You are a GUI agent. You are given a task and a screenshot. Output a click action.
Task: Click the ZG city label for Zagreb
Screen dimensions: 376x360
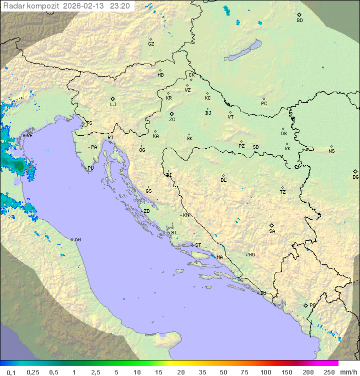click(x=172, y=120)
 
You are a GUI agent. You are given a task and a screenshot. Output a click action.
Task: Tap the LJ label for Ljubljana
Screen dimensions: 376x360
click(x=113, y=104)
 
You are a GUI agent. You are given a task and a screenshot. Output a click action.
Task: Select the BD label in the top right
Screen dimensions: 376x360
click(x=299, y=21)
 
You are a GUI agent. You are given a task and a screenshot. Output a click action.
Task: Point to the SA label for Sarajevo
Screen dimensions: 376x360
click(x=272, y=231)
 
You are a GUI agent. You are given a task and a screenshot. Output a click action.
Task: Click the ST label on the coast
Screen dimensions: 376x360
click(x=198, y=245)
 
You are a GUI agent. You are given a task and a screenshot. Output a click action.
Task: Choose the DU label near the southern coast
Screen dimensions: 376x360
click(x=263, y=293)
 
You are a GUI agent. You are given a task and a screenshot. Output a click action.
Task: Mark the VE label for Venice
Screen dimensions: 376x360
click(x=29, y=136)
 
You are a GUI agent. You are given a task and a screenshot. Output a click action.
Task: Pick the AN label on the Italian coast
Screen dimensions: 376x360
click(x=77, y=240)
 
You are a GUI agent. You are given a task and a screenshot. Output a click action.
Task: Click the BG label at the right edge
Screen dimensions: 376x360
click(x=355, y=177)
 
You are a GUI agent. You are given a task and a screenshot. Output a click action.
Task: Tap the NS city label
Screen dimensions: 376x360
click(x=331, y=151)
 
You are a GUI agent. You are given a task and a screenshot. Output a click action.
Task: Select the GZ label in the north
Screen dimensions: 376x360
click(x=151, y=44)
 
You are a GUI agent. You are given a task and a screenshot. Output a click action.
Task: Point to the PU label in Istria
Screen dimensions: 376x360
click(x=90, y=168)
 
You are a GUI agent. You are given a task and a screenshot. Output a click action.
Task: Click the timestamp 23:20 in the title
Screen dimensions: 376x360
click(x=120, y=6)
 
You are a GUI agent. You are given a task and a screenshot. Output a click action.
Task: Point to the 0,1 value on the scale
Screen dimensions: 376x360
click(x=11, y=372)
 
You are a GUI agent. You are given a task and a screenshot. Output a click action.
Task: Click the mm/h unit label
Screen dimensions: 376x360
click(x=347, y=372)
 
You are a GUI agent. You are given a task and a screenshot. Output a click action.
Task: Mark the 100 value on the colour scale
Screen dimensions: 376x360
click(x=265, y=372)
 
